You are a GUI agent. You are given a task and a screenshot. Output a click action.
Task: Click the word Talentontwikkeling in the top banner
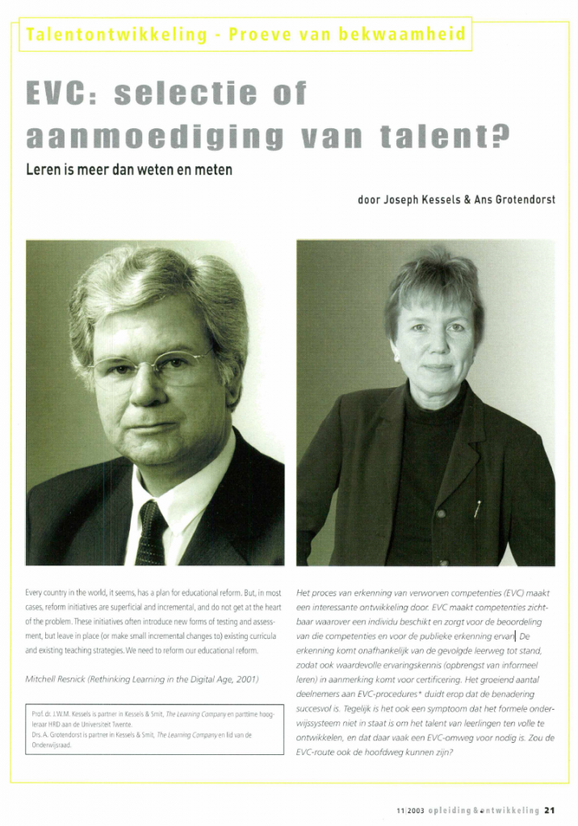[106, 35]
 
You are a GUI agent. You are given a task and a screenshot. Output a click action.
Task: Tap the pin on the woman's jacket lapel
[478, 509]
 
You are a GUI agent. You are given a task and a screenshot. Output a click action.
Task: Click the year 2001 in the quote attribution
[245, 679]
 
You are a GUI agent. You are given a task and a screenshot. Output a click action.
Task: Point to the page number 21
[549, 811]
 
